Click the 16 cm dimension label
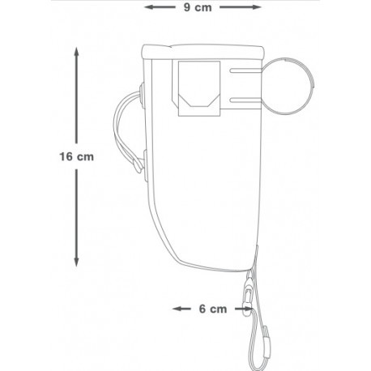point(77,156)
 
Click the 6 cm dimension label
point(213,309)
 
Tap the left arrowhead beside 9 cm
point(148,7)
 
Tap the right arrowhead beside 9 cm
point(257,7)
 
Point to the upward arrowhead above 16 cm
point(77,51)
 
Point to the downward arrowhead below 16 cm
point(76,262)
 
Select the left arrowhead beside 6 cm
point(177,309)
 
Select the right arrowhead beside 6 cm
point(249,309)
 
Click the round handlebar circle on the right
point(313,86)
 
